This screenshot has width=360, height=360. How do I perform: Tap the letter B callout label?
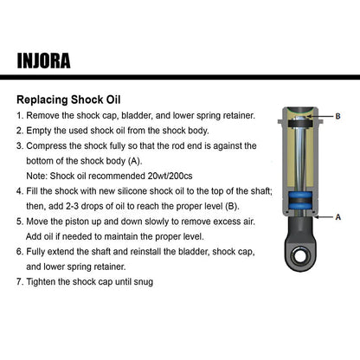337,115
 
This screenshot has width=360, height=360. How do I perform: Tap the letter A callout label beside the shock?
337,217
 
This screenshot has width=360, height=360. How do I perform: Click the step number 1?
20,115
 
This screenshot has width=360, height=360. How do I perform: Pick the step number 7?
20,282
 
